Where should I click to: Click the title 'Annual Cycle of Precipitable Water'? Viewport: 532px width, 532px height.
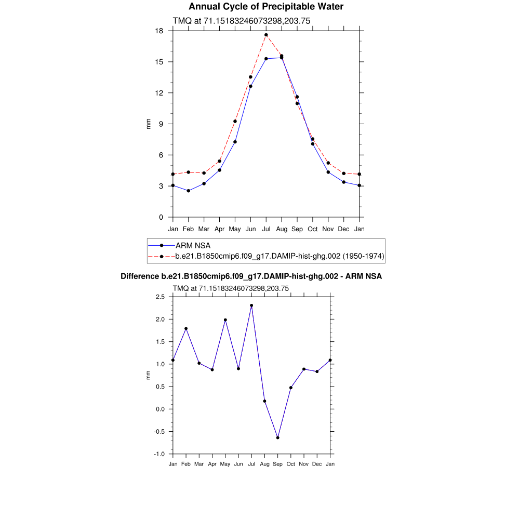click(265, 7)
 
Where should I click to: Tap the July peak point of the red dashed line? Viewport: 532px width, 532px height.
click(266, 35)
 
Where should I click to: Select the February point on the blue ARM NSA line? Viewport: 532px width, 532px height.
click(189, 191)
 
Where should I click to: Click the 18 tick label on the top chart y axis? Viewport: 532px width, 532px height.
click(159, 31)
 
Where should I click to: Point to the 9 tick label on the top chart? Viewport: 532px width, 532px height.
click(161, 124)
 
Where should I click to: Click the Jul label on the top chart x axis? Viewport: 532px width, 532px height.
click(266, 229)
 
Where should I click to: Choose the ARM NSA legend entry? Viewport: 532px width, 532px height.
click(193, 245)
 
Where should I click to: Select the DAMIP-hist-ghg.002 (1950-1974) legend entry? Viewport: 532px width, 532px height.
click(280, 256)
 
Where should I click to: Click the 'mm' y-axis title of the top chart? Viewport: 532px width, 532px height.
click(148, 124)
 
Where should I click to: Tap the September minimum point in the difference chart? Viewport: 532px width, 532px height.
click(278, 437)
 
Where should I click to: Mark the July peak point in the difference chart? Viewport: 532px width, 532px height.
click(251, 305)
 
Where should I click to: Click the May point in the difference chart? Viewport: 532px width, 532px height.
click(225, 320)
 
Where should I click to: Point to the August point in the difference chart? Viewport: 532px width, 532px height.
click(264, 401)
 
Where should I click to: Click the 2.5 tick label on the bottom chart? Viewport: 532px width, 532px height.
click(160, 297)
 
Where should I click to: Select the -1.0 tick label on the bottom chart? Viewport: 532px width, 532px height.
click(159, 454)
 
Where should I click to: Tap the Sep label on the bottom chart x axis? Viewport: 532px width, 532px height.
click(278, 464)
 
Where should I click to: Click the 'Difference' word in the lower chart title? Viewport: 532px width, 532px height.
click(140, 276)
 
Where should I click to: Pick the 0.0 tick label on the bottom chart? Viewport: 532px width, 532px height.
click(160, 409)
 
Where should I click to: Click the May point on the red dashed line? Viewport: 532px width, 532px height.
click(235, 121)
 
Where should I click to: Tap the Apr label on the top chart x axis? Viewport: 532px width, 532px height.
click(220, 229)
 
